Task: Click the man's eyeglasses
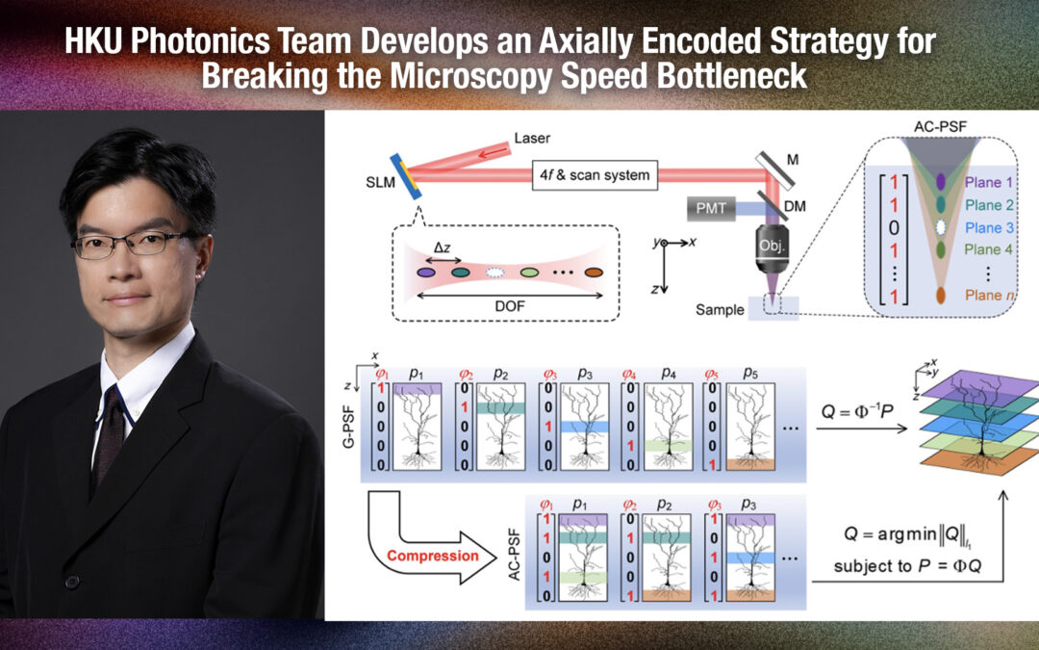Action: point(133,244)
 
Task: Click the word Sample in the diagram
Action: point(722,309)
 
